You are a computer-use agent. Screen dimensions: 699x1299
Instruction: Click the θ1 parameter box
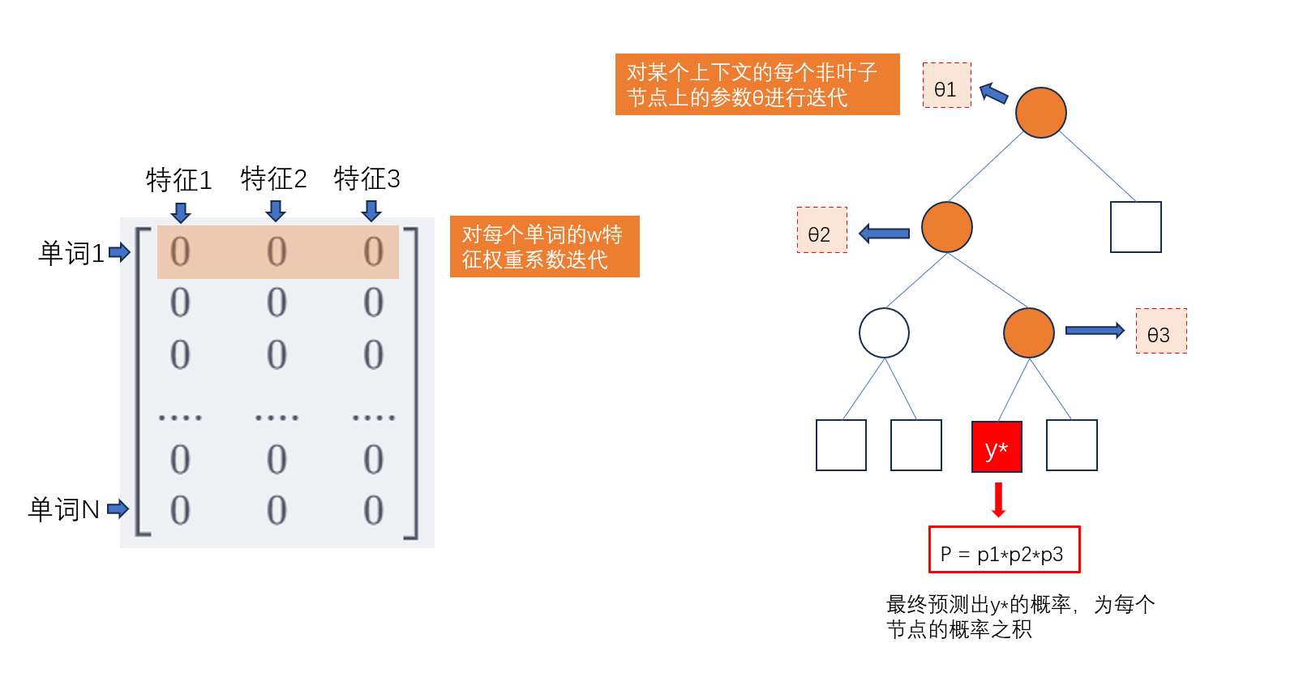click(946, 86)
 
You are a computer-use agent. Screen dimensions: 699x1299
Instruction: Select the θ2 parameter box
click(821, 230)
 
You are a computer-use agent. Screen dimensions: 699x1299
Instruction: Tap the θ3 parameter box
click(1160, 331)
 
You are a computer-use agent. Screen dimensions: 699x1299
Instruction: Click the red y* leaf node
click(997, 447)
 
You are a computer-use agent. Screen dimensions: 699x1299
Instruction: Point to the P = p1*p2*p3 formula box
click(1004, 550)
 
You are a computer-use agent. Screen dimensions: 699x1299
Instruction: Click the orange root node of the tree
click(1040, 113)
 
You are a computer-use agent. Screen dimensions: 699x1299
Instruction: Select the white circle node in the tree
click(884, 332)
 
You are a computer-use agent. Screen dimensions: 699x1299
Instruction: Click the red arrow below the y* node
click(999, 500)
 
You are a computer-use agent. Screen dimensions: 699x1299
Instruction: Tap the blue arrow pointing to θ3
click(1095, 330)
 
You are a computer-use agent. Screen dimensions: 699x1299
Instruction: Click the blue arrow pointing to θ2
click(884, 234)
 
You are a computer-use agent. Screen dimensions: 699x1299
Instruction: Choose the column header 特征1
click(178, 179)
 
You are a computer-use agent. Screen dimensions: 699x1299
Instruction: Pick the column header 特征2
click(273, 178)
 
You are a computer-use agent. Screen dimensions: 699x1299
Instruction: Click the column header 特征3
click(367, 178)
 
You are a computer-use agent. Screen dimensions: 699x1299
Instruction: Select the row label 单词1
click(71, 253)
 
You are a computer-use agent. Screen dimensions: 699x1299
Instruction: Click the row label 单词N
click(64, 509)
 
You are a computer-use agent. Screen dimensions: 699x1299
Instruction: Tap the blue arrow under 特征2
click(276, 211)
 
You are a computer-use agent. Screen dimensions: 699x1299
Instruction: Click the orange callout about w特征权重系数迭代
click(544, 247)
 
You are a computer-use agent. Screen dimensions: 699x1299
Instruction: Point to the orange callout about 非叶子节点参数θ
click(757, 84)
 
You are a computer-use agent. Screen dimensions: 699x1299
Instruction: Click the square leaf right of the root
click(1135, 227)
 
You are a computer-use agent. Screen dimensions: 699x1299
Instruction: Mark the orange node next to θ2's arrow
click(946, 227)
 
